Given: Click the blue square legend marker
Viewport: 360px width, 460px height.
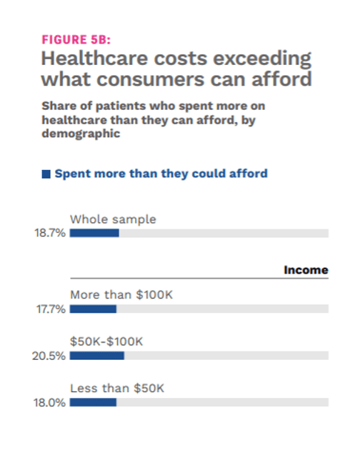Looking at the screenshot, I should tap(46, 174).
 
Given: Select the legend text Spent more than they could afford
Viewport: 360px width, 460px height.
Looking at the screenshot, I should tap(161, 174).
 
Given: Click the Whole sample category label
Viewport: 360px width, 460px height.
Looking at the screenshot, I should tap(113, 219).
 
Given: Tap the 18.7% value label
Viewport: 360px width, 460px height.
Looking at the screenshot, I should tap(50, 234).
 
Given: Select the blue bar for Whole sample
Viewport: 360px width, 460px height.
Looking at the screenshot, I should tap(94, 233).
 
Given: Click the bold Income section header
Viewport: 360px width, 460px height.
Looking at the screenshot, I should tap(306, 270).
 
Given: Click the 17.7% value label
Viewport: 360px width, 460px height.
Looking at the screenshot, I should tap(50, 309).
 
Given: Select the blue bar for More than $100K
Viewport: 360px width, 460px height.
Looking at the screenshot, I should tap(93, 309).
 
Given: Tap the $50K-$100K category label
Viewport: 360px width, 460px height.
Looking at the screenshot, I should tap(106, 341).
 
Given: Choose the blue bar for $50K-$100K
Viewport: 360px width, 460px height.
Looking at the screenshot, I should tap(96, 355).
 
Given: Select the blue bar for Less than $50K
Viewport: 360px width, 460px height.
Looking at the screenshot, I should tap(93, 402).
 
